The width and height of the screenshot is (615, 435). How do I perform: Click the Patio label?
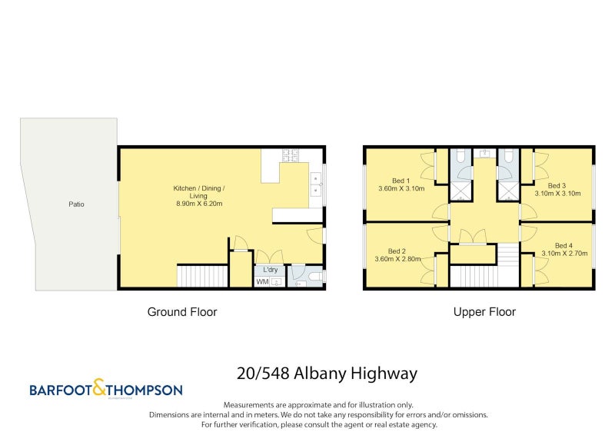(x=75, y=204)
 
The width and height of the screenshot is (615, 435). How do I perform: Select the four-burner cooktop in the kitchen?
(x=291, y=155)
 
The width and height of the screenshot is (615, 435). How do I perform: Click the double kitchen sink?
(x=316, y=184)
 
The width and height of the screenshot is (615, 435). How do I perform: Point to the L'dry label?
(x=270, y=270)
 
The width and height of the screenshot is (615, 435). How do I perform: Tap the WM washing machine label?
(x=261, y=282)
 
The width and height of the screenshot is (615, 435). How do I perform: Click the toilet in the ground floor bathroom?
(x=315, y=276)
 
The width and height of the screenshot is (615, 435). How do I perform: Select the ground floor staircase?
(x=203, y=275)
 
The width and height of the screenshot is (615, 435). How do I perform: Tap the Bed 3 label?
(x=557, y=185)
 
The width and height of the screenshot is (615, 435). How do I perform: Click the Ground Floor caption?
(x=181, y=312)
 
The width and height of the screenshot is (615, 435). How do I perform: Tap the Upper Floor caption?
(x=484, y=312)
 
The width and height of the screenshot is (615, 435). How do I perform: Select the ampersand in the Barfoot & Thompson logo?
(x=101, y=388)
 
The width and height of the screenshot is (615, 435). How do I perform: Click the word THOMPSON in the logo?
(x=146, y=390)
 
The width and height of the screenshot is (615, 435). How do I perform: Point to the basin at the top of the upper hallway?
(x=484, y=153)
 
